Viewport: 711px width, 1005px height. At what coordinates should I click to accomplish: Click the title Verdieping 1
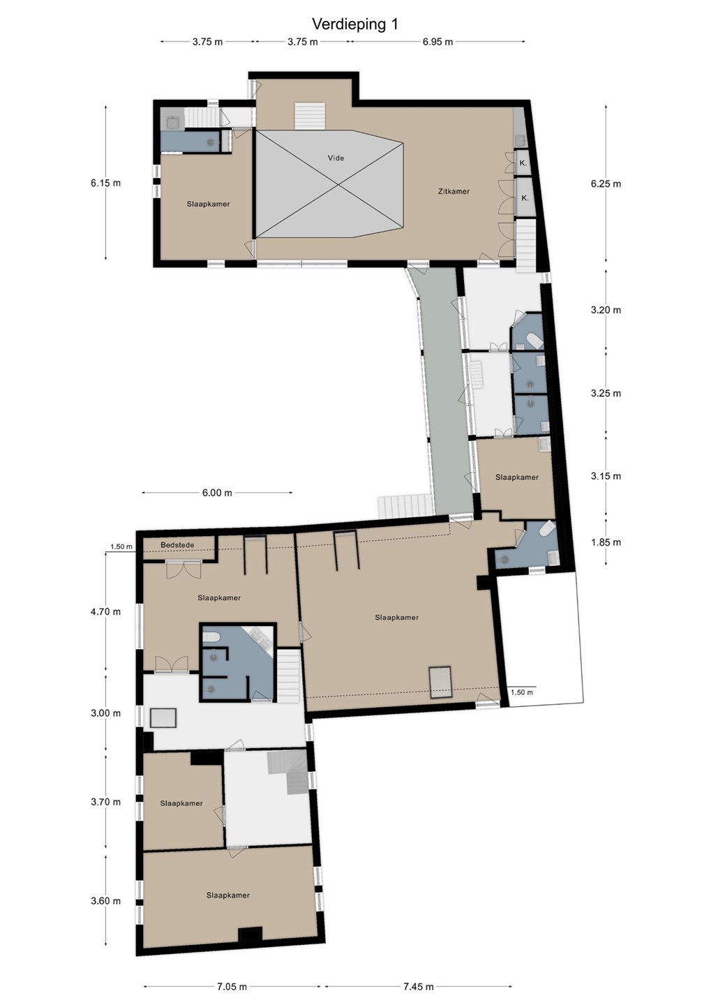coord(355,24)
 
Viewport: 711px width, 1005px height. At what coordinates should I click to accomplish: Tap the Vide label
coord(336,158)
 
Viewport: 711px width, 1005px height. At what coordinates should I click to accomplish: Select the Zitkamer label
coord(454,191)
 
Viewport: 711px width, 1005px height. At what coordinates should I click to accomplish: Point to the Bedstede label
coord(178,545)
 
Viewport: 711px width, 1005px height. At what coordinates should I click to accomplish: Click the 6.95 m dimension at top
coord(437,42)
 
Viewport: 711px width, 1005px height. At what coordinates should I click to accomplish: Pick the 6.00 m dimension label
coord(217,493)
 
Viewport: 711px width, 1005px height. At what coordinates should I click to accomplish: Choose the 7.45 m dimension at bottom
coord(418,986)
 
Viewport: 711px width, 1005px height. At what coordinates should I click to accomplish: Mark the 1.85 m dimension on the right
coord(606,542)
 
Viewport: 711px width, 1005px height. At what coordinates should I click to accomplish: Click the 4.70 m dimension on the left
coord(105,611)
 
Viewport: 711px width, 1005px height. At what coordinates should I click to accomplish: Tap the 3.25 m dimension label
coord(606,393)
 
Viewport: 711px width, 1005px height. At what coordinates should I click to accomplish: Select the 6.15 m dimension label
coord(105,183)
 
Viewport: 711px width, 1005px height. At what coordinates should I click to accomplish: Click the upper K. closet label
coord(523,163)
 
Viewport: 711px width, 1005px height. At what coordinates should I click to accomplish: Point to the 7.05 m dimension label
coord(232,986)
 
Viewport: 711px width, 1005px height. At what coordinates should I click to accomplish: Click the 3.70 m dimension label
coord(105,802)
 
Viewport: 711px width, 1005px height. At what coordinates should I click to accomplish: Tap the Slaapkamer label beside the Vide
coord(208,204)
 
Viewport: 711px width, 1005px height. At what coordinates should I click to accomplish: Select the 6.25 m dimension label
coord(606,184)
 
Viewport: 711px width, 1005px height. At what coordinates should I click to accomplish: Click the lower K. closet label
coord(525,198)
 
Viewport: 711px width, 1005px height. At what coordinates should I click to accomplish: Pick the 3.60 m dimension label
coord(105,901)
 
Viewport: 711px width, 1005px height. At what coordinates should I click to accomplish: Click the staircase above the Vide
coord(310,117)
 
